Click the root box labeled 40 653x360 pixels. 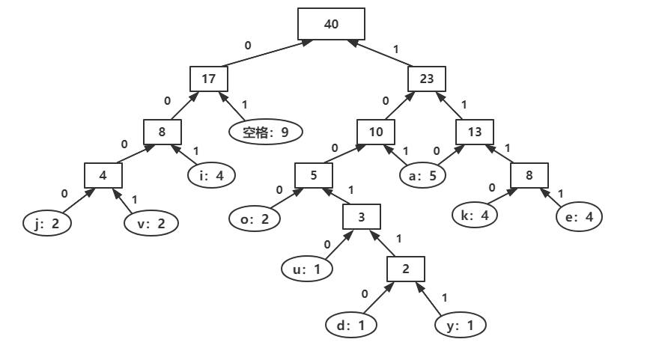point(331,24)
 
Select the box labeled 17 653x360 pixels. point(208,79)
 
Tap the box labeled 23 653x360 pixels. point(427,79)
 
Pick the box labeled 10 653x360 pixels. point(376,132)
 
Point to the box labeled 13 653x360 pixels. point(475,132)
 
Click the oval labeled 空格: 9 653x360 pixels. point(265,132)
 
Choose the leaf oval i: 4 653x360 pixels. point(211,176)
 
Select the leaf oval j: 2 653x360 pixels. point(47,222)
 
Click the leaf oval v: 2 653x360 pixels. point(151,222)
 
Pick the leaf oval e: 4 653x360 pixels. point(579,217)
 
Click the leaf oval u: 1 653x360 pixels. point(306,268)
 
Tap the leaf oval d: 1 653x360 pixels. point(351,325)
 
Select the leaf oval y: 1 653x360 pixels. point(461,325)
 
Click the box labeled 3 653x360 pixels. point(362,218)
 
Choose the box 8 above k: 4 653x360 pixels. point(529,176)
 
